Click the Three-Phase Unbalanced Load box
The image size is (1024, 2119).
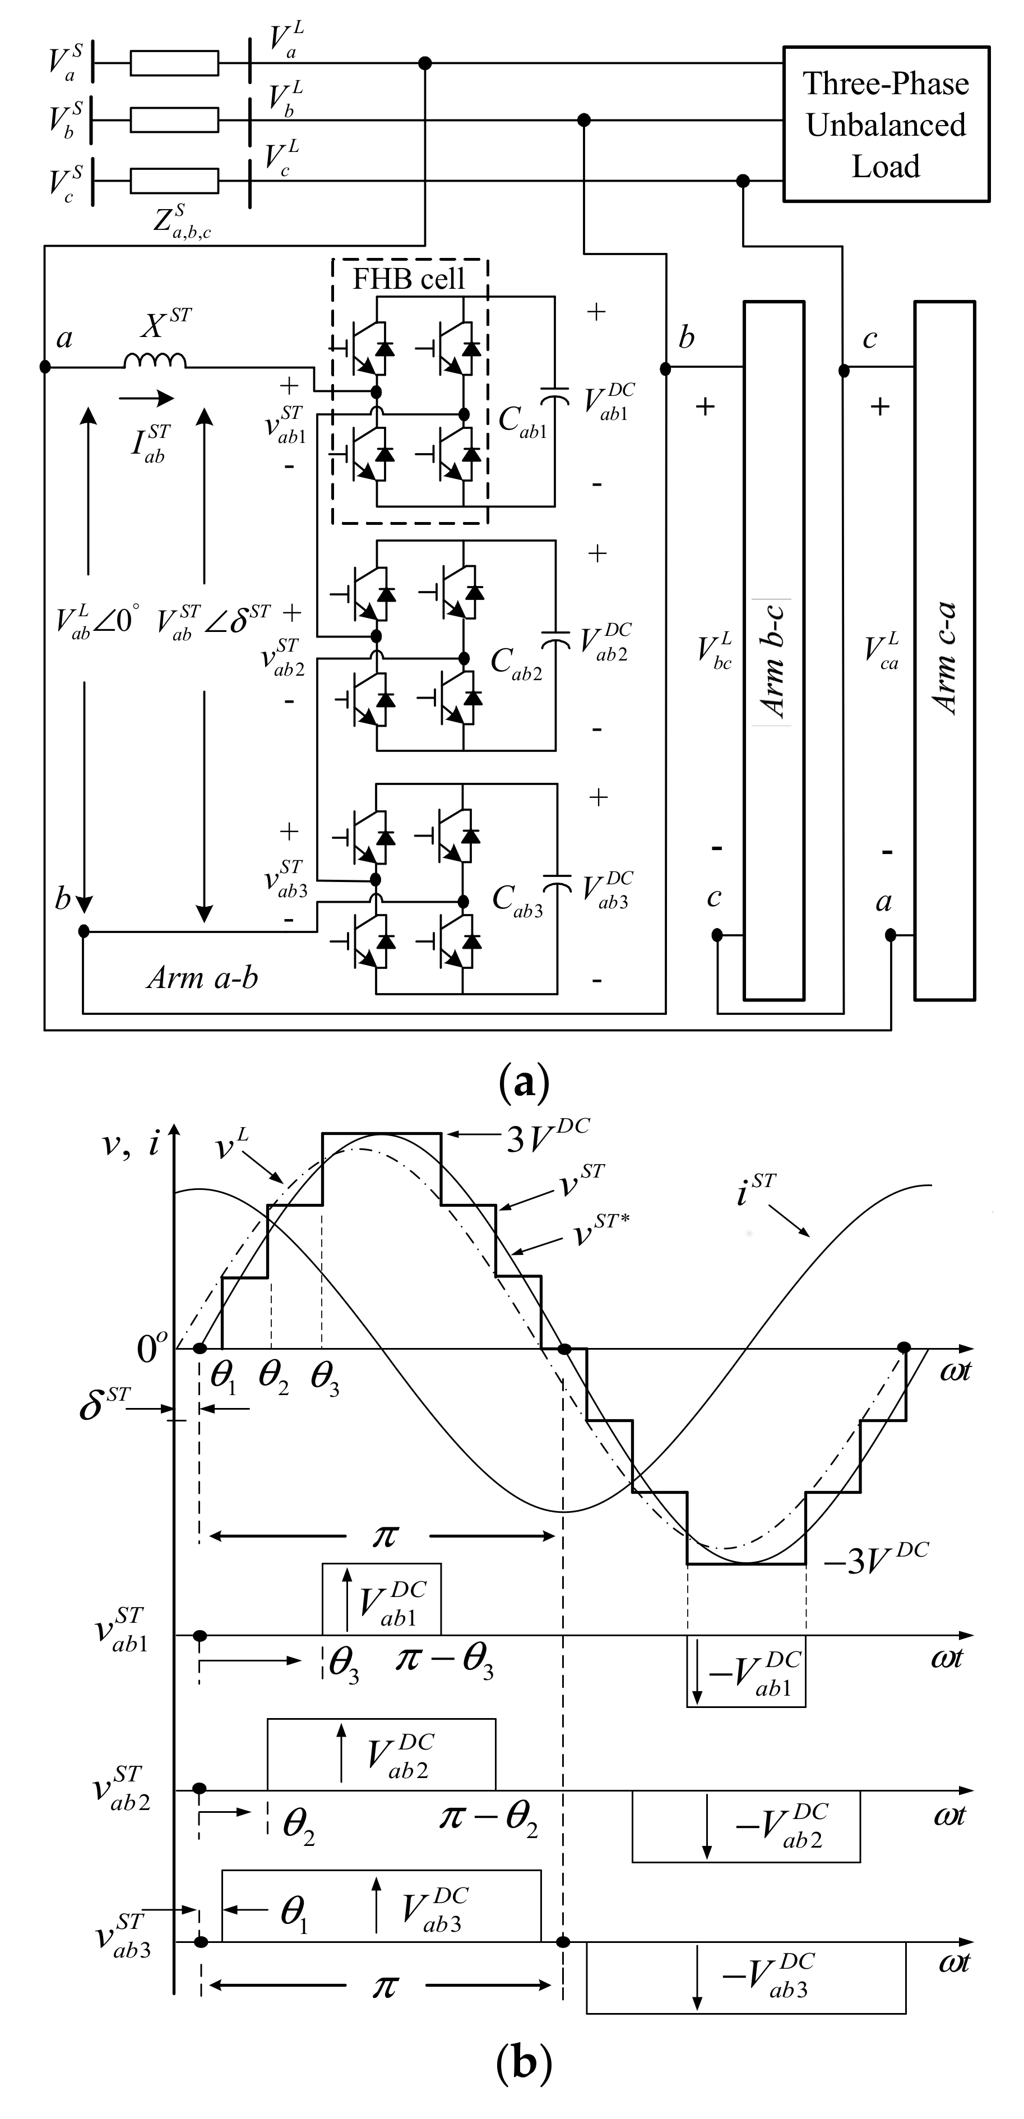pos(886,124)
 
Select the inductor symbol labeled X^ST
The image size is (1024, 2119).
pos(155,361)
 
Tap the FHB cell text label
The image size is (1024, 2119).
pos(409,279)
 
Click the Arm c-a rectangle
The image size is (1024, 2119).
pos(945,650)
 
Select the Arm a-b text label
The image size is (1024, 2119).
pos(202,977)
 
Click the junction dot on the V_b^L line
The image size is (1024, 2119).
pos(584,120)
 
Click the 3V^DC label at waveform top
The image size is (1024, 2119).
pos(547,1138)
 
